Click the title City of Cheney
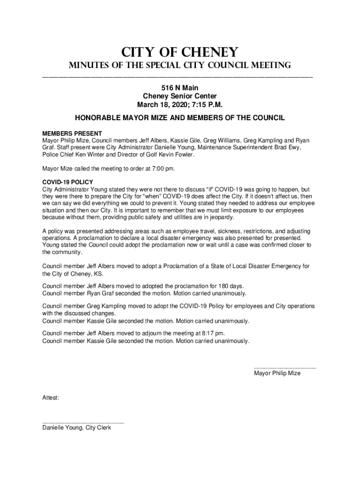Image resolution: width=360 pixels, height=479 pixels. (x=180, y=51)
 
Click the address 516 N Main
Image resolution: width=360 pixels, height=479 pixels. (x=180, y=87)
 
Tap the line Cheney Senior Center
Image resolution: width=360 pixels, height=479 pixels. (x=180, y=96)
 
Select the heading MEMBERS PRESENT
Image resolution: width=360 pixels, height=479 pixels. (x=72, y=134)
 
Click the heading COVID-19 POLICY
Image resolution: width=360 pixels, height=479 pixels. (x=68, y=181)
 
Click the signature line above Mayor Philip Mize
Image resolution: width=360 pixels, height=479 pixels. (x=285, y=368)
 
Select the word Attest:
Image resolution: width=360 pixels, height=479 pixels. (x=51, y=397)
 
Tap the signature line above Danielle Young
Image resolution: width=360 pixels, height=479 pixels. (x=83, y=422)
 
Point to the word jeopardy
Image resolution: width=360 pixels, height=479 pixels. (x=217, y=217)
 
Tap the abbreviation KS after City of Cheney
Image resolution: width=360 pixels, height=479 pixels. (x=98, y=274)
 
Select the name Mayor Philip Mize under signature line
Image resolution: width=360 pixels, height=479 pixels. (x=277, y=373)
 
